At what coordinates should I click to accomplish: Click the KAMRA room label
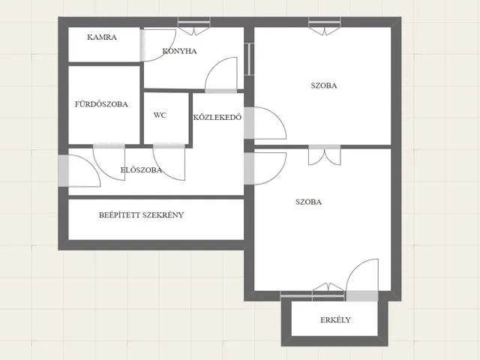102,37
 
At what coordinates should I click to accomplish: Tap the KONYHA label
179,51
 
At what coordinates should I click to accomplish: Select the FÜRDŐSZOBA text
101,104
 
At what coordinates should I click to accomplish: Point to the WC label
160,115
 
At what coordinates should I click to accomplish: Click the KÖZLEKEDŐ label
217,117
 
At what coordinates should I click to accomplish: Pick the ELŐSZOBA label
141,170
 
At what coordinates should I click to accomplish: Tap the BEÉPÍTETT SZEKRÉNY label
141,215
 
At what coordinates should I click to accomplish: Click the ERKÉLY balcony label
335,320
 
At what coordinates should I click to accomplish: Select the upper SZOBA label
324,85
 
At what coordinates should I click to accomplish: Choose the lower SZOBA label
308,202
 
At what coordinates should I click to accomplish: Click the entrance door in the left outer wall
79,171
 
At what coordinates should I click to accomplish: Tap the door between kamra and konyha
157,45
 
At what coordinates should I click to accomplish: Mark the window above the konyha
194,25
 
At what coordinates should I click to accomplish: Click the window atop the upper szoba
325,25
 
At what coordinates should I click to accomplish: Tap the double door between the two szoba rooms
325,155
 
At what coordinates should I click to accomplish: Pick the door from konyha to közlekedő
220,75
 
